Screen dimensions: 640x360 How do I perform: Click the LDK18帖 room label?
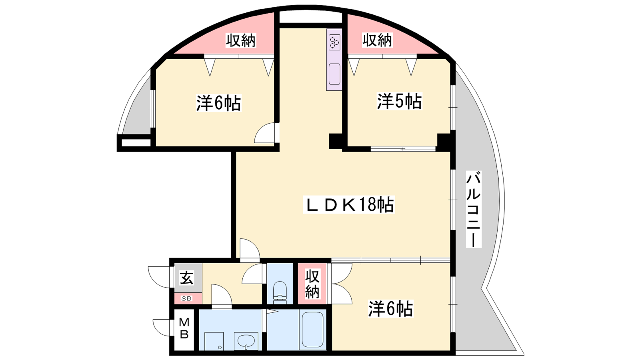(x=349, y=204)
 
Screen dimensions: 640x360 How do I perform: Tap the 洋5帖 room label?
(x=400, y=101)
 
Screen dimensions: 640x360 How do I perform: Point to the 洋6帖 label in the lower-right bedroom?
(x=390, y=308)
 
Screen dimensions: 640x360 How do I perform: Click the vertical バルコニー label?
(x=474, y=209)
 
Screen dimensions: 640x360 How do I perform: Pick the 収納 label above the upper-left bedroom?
(x=241, y=40)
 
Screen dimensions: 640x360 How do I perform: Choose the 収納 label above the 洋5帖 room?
(x=377, y=40)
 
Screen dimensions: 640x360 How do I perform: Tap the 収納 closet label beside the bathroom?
(x=312, y=284)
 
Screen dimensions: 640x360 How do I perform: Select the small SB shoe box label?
(x=186, y=298)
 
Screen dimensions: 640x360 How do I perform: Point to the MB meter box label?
(x=184, y=328)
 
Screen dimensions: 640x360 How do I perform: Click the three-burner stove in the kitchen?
(x=334, y=42)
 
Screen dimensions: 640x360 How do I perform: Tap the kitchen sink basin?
(x=334, y=74)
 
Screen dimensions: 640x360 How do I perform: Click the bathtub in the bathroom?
(x=312, y=330)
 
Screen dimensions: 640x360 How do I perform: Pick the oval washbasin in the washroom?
(x=246, y=340)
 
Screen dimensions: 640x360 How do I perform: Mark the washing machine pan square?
(x=214, y=341)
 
